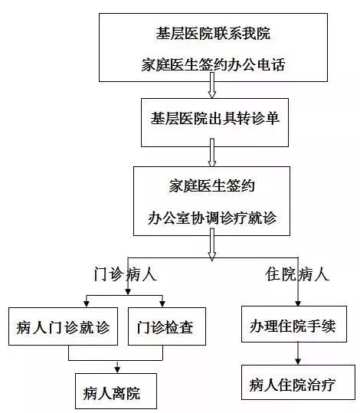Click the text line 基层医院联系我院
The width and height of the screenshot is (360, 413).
tap(213, 34)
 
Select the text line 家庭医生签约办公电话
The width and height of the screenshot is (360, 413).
tap(213, 64)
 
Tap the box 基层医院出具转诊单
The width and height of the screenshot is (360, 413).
tap(214, 123)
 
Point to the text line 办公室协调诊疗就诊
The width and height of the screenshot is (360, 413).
tap(212, 218)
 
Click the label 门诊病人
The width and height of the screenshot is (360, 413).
tap(126, 274)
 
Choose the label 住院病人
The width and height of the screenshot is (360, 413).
tap(297, 274)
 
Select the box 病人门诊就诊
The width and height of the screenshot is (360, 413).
tap(64, 326)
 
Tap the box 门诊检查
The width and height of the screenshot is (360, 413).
tap(167, 326)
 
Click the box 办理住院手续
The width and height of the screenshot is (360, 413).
tap(294, 324)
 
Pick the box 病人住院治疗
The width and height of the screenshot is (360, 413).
tap(298, 382)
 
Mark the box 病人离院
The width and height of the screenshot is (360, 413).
tap(116, 391)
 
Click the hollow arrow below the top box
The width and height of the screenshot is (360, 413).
tap(212, 85)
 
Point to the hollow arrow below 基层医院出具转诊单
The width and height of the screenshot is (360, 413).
tap(212, 152)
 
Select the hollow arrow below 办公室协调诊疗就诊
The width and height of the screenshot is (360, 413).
tap(212, 244)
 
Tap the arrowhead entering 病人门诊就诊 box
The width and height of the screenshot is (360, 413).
tap(87, 303)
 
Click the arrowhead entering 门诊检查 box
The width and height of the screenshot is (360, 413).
tap(162, 303)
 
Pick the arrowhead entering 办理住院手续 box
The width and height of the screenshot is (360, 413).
tap(298, 303)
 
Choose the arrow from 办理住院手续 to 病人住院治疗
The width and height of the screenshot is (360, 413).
tap(298, 353)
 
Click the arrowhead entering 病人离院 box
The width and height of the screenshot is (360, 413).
tap(117, 370)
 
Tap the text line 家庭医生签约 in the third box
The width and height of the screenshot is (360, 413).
tap(212, 185)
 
